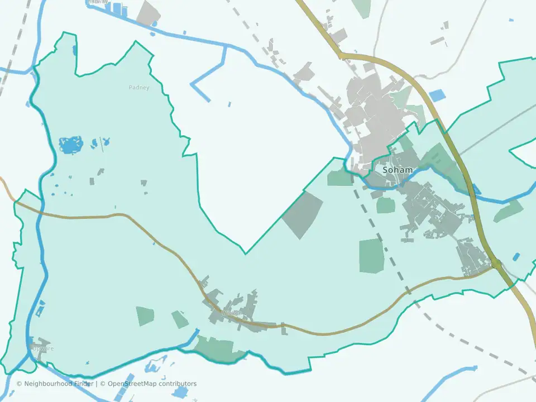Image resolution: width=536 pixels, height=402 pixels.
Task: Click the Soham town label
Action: tap(398, 169)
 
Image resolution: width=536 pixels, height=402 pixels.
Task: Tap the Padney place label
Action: tap(139, 87)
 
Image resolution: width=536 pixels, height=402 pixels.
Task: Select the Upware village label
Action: tap(43, 348)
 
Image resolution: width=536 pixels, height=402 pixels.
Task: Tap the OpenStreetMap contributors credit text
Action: tap(152, 384)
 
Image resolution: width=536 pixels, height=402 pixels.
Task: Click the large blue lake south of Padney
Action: tap(71, 145)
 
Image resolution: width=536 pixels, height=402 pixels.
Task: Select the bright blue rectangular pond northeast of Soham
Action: tap(437, 95)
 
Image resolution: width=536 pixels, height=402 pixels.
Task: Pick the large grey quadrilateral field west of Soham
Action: tap(303, 215)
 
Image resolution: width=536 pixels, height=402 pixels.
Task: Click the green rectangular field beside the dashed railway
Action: tap(370, 256)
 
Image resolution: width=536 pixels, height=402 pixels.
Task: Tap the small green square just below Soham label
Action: tap(386, 205)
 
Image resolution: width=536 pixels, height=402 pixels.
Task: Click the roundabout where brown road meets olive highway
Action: tap(496, 263)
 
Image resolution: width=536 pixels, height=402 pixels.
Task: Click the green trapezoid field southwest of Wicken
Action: tap(145, 316)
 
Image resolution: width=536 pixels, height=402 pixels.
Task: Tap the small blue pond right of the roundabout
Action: tap(516, 257)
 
